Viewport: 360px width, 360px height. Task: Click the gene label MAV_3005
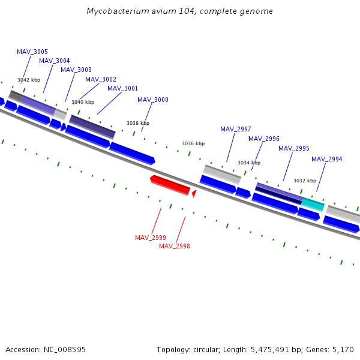(x=32, y=52)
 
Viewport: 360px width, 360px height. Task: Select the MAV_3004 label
(x=55, y=61)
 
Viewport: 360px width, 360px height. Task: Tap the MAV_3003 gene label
(x=76, y=70)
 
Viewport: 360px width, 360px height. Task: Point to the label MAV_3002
(x=101, y=80)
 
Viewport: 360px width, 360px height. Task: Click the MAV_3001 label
(x=122, y=89)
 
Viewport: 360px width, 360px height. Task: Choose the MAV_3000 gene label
(x=153, y=100)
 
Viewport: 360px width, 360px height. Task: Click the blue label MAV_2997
(x=236, y=130)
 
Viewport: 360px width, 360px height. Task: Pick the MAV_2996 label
(x=264, y=139)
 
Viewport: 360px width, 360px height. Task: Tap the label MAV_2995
(x=294, y=149)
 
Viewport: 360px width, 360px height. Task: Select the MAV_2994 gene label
(x=327, y=160)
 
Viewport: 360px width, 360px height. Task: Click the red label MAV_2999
(x=151, y=238)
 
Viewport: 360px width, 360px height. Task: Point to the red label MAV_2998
(x=175, y=247)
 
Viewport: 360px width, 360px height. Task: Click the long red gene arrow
(x=170, y=185)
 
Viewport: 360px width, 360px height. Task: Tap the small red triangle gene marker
(x=194, y=193)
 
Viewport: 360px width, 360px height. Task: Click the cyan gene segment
(x=313, y=203)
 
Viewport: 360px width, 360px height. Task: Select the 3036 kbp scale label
(x=193, y=144)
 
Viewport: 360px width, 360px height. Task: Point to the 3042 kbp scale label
(x=29, y=80)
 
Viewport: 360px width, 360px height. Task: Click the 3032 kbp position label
(x=305, y=181)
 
